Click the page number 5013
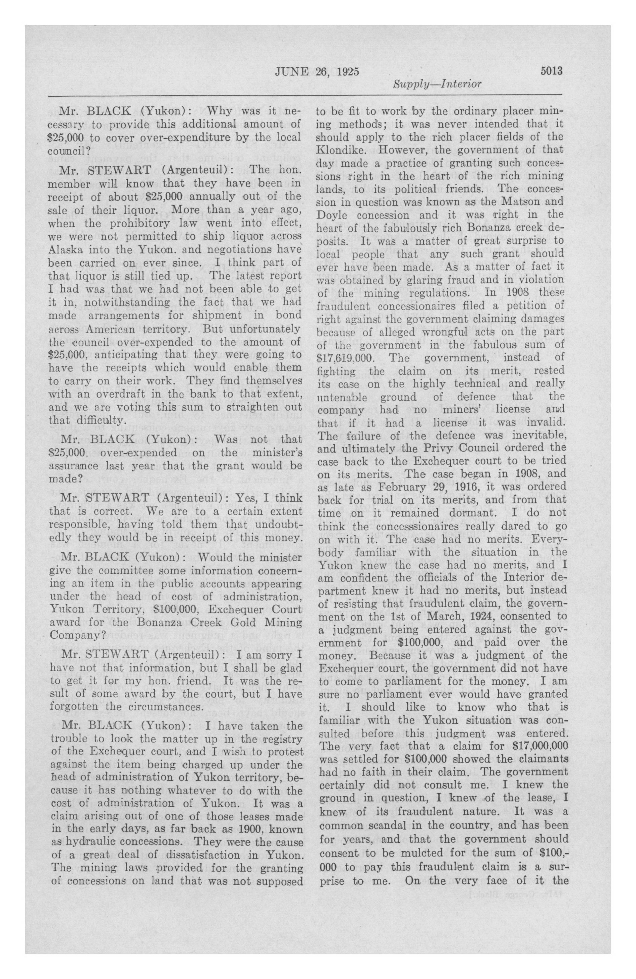(x=551, y=71)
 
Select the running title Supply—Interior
(x=437, y=84)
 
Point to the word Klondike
(x=340, y=150)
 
